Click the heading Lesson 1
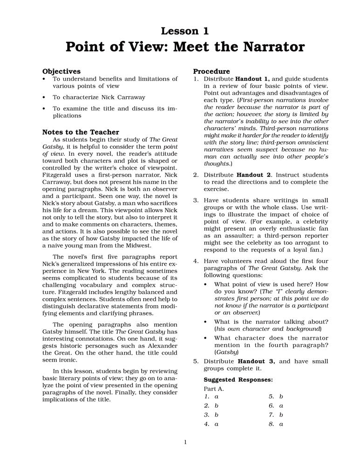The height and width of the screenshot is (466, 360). coord(184,31)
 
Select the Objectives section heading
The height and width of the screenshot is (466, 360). coord(61,71)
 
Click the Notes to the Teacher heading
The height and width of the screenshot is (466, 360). coord(81,132)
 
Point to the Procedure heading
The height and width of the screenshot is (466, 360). coord(211,71)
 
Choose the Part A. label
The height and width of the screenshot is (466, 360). coord(214,388)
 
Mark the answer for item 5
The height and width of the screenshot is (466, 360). coord(281,396)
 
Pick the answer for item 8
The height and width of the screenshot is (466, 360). coord(281,424)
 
